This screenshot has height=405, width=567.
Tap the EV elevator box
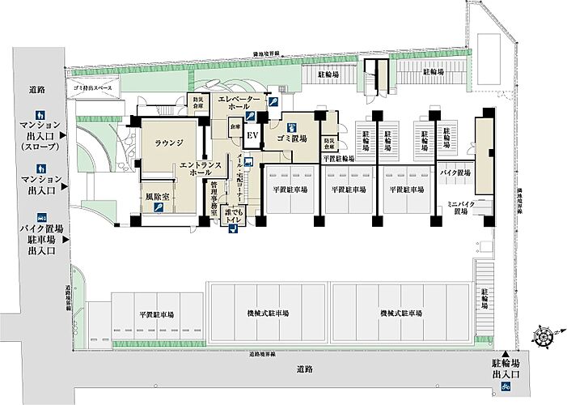[x=252, y=135]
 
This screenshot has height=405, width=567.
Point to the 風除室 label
[x=156, y=196]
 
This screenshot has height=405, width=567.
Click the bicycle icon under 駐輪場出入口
[x=506, y=389]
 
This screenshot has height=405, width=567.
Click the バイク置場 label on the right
[x=455, y=173]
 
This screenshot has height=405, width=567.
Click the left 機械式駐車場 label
[x=268, y=313]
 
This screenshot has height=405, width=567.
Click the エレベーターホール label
[x=239, y=102]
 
